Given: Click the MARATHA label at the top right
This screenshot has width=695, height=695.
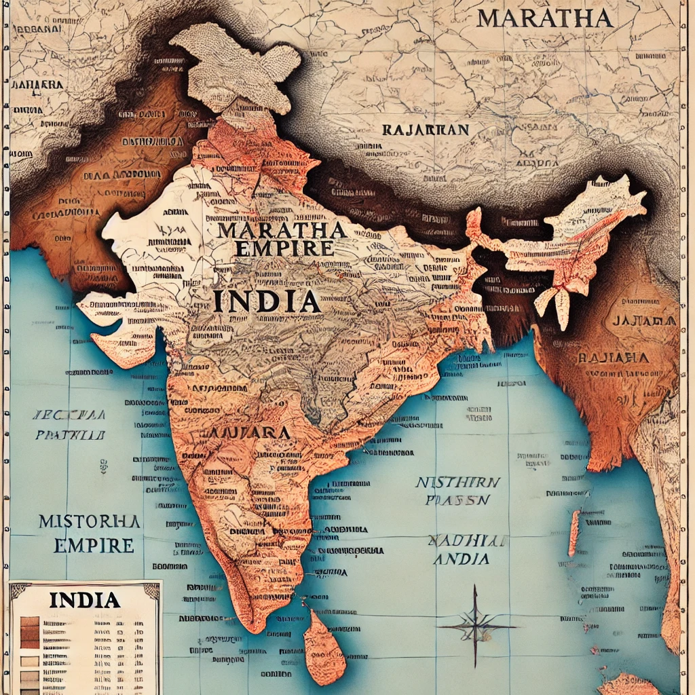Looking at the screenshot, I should tap(544, 18).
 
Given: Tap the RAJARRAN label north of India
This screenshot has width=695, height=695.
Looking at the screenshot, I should tap(425, 129).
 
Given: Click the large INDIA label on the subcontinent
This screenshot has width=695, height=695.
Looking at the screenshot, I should tap(267, 300).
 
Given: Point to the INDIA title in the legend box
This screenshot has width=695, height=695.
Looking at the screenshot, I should tap(85, 600).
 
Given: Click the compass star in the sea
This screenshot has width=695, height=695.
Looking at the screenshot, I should tap(475, 625).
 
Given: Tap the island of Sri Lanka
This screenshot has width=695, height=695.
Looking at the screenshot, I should tap(323, 649).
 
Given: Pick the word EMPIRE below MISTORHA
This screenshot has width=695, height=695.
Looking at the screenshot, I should tap(86, 545).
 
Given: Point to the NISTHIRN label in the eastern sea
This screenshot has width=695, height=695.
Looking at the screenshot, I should tap(457, 482).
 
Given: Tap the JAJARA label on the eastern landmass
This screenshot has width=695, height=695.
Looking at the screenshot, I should tap(643, 320).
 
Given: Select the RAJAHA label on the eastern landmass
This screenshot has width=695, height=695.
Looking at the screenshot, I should tap(612, 357).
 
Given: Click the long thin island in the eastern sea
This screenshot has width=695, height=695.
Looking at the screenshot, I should tap(574, 533).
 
